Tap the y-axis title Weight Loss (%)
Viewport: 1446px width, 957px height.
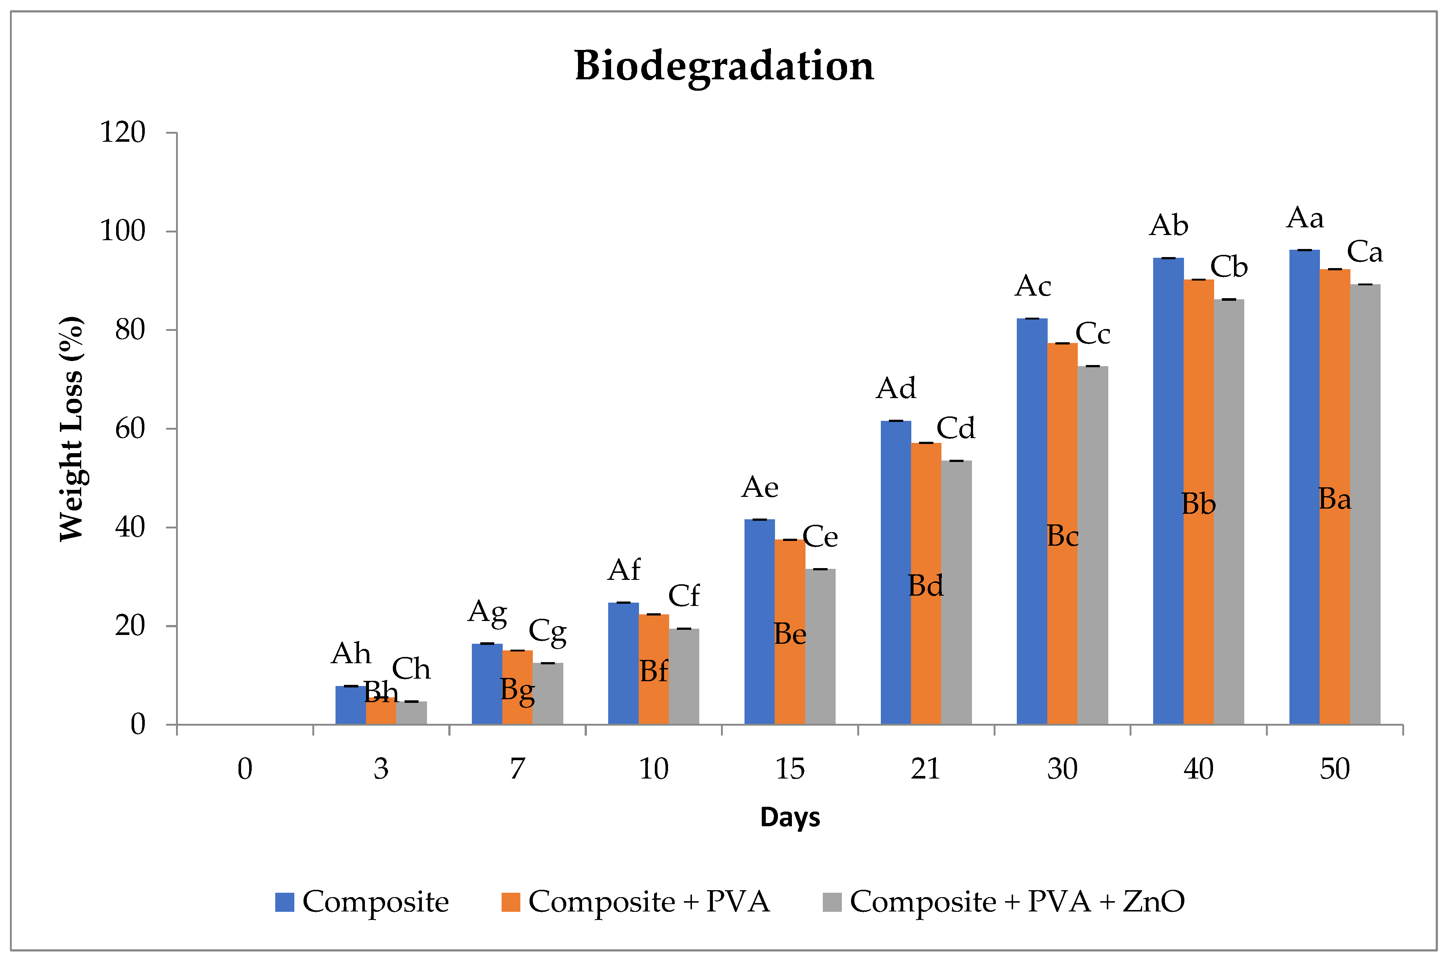click(x=71, y=429)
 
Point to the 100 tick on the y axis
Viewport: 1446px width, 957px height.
click(x=123, y=231)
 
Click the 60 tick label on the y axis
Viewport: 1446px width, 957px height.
click(x=129, y=429)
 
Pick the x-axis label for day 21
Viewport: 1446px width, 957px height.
click(x=925, y=768)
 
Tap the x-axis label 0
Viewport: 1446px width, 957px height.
click(x=245, y=768)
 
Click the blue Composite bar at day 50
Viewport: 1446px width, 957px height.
click(x=1304, y=488)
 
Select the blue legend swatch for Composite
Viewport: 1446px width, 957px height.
click(x=284, y=902)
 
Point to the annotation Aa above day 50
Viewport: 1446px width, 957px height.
click(x=1305, y=218)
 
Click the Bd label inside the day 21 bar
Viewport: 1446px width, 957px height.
click(x=925, y=586)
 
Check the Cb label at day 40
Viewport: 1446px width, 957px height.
click(x=1228, y=267)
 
